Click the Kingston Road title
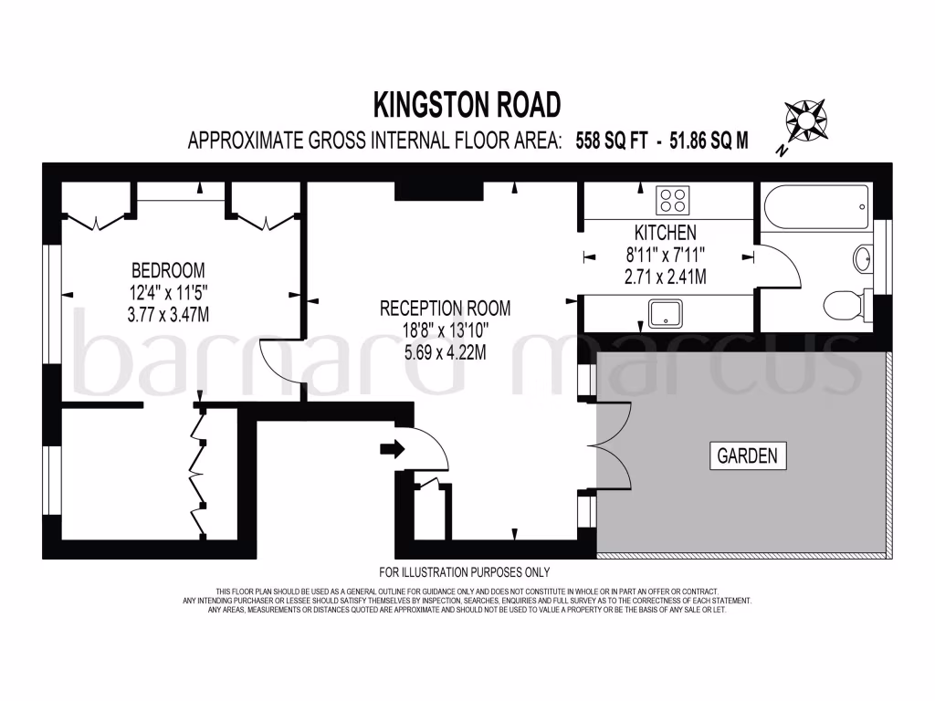point(467,105)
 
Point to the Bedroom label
point(168,270)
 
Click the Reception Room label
point(445,308)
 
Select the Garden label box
point(747,455)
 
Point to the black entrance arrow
point(393,448)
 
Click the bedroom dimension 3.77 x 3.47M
point(168,313)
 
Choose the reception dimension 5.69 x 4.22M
point(445,350)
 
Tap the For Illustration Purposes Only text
point(464,572)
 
